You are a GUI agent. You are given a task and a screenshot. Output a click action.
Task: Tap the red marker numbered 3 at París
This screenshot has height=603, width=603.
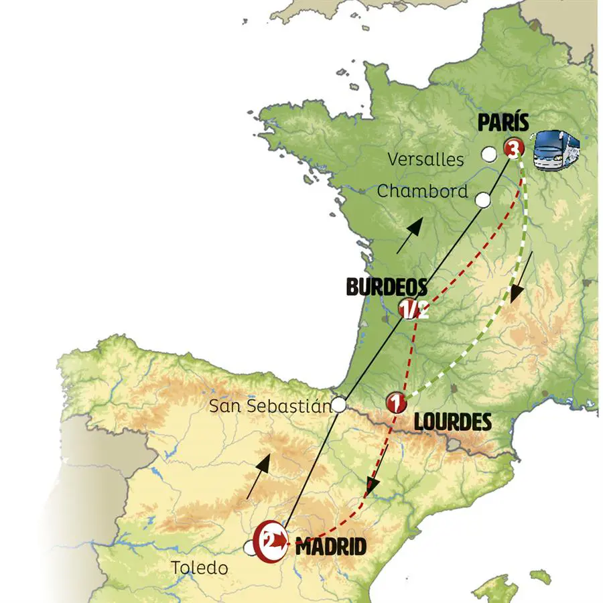pyautogui.click(x=514, y=149)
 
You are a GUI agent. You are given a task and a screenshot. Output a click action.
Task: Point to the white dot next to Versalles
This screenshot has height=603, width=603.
pyautogui.click(x=490, y=155)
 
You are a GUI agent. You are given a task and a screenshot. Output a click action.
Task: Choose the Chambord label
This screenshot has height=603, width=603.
pyautogui.click(x=422, y=191)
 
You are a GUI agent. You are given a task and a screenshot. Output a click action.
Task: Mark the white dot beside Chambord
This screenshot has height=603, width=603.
pyautogui.click(x=482, y=199)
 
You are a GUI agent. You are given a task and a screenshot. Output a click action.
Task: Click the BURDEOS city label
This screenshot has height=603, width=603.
pyautogui.click(x=387, y=287)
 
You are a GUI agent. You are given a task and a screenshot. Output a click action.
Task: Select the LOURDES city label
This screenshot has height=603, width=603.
pyautogui.click(x=452, y=422)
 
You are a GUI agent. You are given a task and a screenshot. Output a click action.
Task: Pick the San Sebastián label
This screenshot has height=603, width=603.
pyautogui.click(x=269, y=405)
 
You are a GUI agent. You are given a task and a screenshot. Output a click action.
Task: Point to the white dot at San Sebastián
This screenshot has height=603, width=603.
pyautogui.click(x=340, y=404)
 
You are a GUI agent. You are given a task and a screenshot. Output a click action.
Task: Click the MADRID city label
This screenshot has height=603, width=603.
pyautogui.click(x=331, y=547)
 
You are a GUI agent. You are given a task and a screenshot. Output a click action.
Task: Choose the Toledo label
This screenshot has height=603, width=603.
pyautogui.click(x=200, y=568)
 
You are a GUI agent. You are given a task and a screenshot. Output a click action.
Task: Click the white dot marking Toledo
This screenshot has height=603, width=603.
pyautogui.click(x=250, y=549)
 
